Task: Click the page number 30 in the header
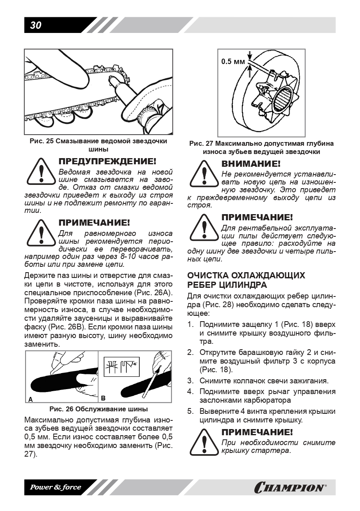[x=36, y=26]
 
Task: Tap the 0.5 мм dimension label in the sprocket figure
[x=233, y=62]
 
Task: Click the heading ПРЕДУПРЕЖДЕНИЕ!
[x=107, y=161]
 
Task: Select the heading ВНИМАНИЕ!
[x=251, y=164]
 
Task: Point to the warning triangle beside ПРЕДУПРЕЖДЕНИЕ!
[x=40, y=172]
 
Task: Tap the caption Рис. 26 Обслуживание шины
[x=99, y=409]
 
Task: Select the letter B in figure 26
[x=103, y=398]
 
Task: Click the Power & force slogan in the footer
[x=56, y=488]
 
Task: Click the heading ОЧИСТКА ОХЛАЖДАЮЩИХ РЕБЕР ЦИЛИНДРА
[x=246, y=280]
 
